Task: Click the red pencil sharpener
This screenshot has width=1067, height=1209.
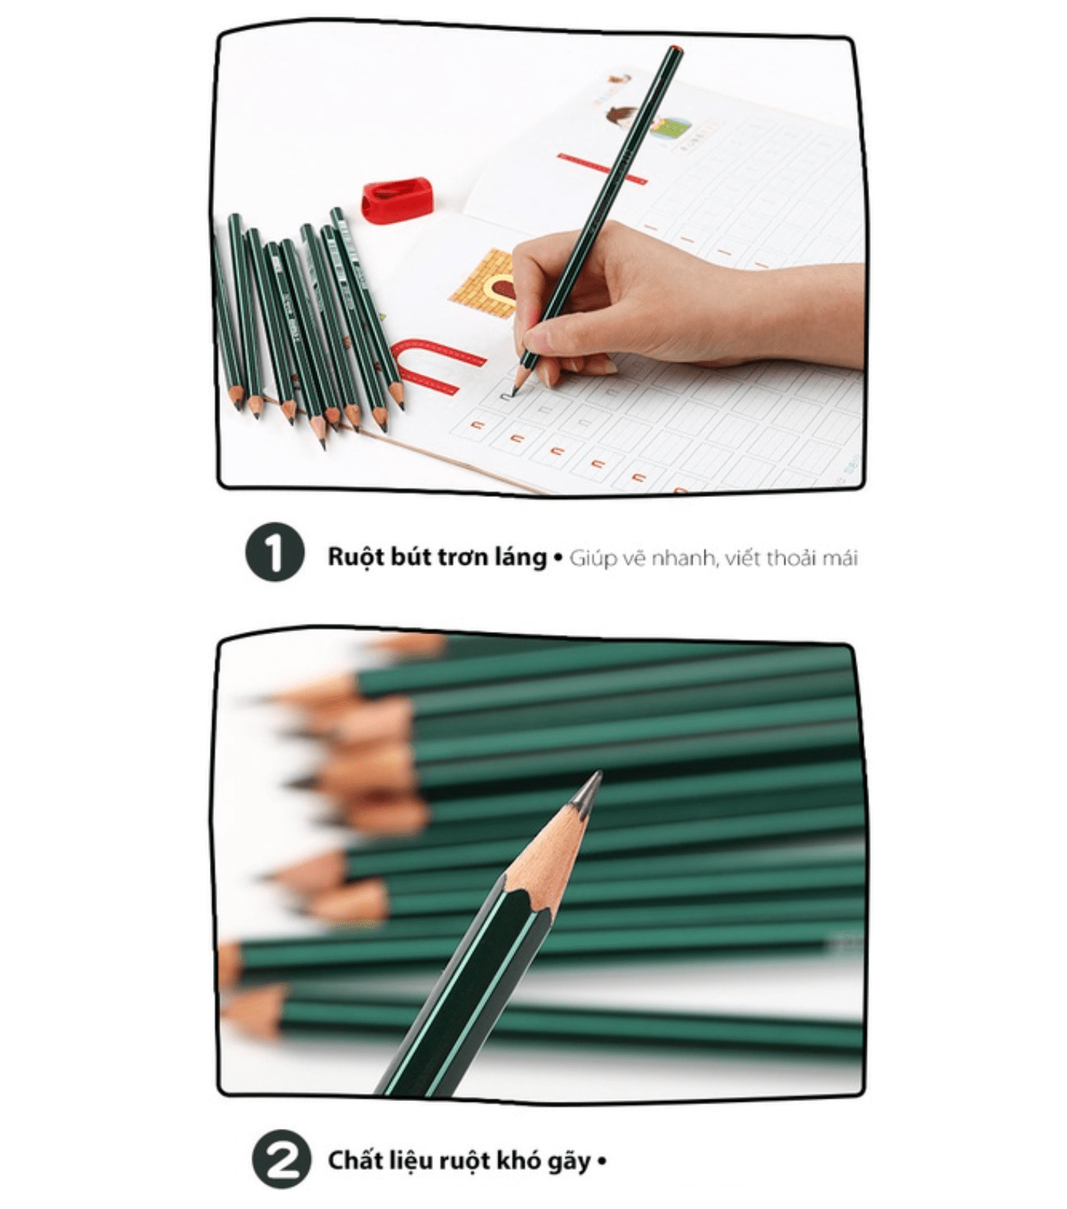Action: pos(396,199)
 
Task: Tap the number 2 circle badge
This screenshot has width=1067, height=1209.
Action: pos(281,1159)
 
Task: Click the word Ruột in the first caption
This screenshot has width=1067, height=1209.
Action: pos(350,557)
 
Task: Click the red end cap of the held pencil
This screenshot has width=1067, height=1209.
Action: pos(675,50)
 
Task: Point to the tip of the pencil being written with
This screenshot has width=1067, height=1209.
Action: pos(513,393)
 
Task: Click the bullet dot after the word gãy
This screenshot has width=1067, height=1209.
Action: pos(602,1161)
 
